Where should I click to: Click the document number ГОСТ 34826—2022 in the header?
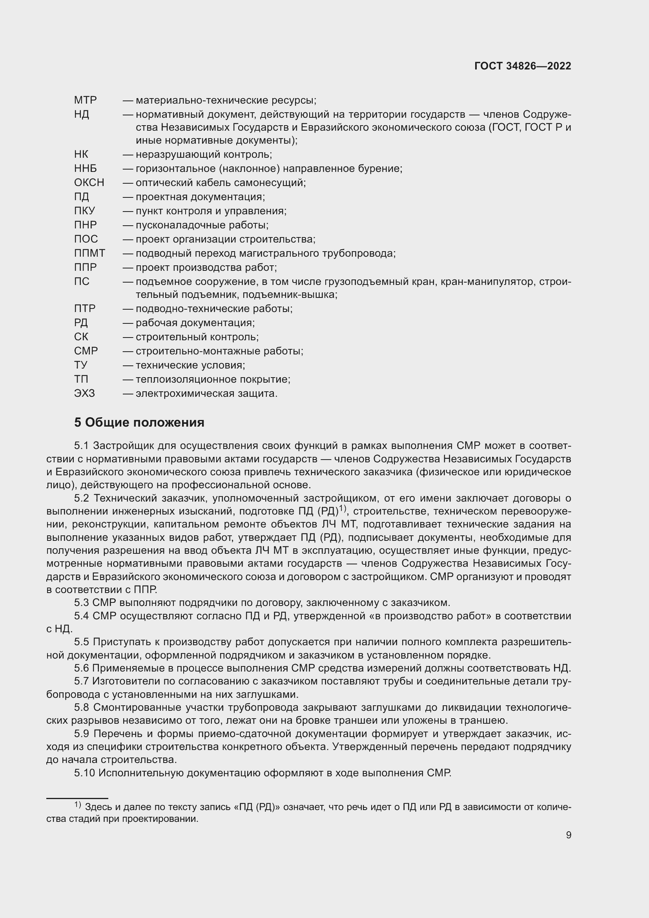(x=522, y=66)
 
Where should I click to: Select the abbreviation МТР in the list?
(x=85, y=100)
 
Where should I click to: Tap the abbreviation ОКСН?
(x=89, y=183)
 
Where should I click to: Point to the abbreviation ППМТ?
(x=89, y=253)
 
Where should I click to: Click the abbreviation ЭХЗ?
(x=84, y=393)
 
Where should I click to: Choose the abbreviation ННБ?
(x=85, y=168)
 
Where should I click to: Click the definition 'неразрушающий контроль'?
(x=203, y=154)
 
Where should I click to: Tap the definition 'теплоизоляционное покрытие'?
(x=213, y=380)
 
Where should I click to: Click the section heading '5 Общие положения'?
(x=139, y=422)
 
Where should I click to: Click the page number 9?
(x=568, y=835)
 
